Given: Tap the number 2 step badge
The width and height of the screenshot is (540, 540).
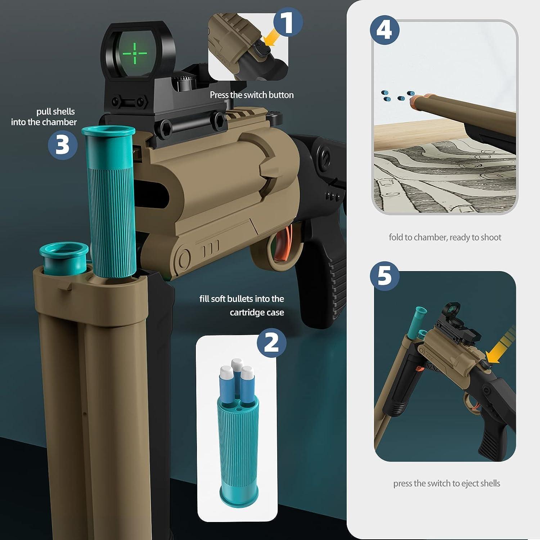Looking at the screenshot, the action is (x=271, y=342).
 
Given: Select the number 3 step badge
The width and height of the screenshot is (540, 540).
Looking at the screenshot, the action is (x=63, y=145).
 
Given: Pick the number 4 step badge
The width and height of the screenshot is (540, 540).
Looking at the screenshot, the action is (x=384, y=30).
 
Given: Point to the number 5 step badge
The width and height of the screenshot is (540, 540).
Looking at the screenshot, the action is (x=385, y=276).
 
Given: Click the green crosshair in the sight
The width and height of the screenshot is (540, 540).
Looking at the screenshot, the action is (x=135, y=54).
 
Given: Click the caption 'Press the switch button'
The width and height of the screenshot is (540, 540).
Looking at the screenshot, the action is (x=252, y=95).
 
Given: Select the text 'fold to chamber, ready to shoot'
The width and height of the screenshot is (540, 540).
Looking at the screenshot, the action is (x=445, y=237).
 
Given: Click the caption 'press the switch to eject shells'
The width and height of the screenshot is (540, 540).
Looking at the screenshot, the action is (x=447, y=483).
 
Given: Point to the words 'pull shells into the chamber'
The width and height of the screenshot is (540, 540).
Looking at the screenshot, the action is (x=44, y=117).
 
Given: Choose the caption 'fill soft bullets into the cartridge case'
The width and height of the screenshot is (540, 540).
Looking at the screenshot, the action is (x=242, y=306).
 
